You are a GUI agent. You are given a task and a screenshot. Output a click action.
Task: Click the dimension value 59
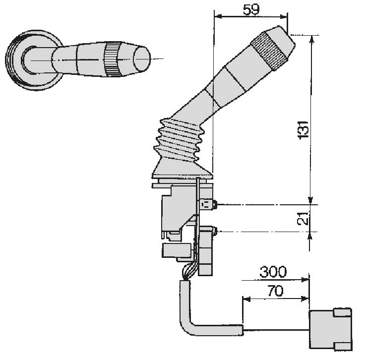251,10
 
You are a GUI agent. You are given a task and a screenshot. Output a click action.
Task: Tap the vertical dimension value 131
303,130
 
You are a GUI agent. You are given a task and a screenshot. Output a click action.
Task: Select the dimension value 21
303,219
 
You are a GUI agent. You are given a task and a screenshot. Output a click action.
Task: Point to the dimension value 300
273,272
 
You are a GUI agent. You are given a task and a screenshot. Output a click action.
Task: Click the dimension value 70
275,291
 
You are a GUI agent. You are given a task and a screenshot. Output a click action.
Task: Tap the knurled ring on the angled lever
269,51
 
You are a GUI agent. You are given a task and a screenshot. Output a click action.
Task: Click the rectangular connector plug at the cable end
330,329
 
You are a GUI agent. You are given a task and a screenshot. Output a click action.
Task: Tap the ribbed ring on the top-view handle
112,60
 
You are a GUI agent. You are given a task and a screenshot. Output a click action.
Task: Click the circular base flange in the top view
34,60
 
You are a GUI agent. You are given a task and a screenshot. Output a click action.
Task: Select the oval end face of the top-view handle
142,59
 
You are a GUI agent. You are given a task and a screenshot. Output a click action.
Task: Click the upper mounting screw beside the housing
215,205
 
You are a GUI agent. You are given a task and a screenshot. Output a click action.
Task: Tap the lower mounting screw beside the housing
215,231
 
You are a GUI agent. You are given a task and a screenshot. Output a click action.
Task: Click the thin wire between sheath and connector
276,330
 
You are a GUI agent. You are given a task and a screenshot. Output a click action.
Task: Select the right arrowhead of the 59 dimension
284,16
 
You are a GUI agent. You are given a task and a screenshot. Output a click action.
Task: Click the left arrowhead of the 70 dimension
246,299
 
